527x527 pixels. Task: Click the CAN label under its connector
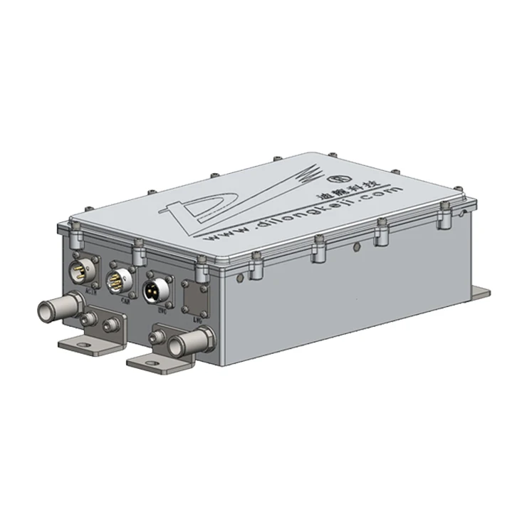point(124,299)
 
